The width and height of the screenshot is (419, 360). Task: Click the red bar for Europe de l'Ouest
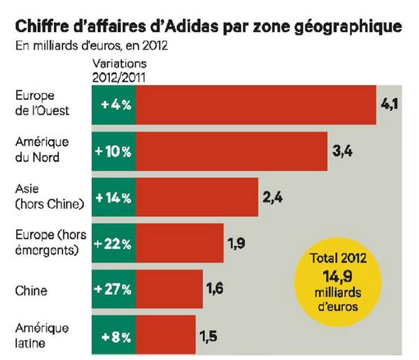click(x=256, y=104)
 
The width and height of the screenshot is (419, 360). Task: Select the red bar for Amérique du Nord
click(x=232, y=150)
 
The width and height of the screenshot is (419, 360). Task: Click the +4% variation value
click(x=115, y=104)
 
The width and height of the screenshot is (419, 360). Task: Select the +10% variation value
click(x=115, y=150)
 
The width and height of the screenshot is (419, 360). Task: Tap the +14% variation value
click(x=115, y=196)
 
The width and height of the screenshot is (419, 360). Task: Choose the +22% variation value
click(x=115, y=243)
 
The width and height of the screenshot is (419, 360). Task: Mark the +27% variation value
click(x=115, y=289)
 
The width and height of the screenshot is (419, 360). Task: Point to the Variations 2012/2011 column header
click(x=117, y=71)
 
